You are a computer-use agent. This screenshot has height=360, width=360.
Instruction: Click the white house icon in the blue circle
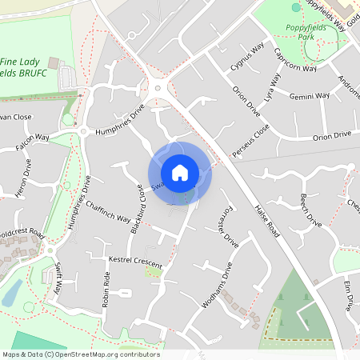[180, 173]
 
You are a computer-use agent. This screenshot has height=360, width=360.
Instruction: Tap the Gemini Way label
[310, 95]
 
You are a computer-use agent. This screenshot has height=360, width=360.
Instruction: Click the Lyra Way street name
[272, 91]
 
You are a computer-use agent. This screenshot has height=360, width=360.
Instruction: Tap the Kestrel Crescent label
[135, 262]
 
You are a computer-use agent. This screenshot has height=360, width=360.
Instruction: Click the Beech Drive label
[310, 210]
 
